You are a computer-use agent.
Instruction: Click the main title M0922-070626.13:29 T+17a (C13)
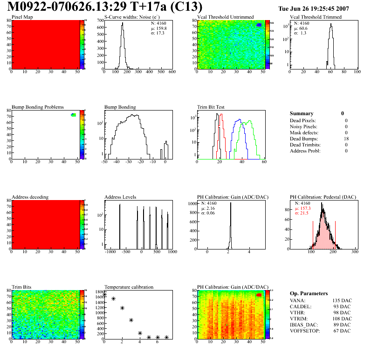105,7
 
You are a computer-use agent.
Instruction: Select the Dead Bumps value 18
346,138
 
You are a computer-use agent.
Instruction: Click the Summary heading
302,113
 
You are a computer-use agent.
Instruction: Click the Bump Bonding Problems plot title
38,107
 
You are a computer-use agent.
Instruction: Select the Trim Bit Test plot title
211,107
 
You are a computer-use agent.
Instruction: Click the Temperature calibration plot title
129,287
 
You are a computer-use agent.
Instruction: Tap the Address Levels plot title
120,197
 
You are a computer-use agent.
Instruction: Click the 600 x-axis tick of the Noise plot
172,72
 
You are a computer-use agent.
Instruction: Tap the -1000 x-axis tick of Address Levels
110,252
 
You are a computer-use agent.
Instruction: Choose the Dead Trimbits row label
305,145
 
